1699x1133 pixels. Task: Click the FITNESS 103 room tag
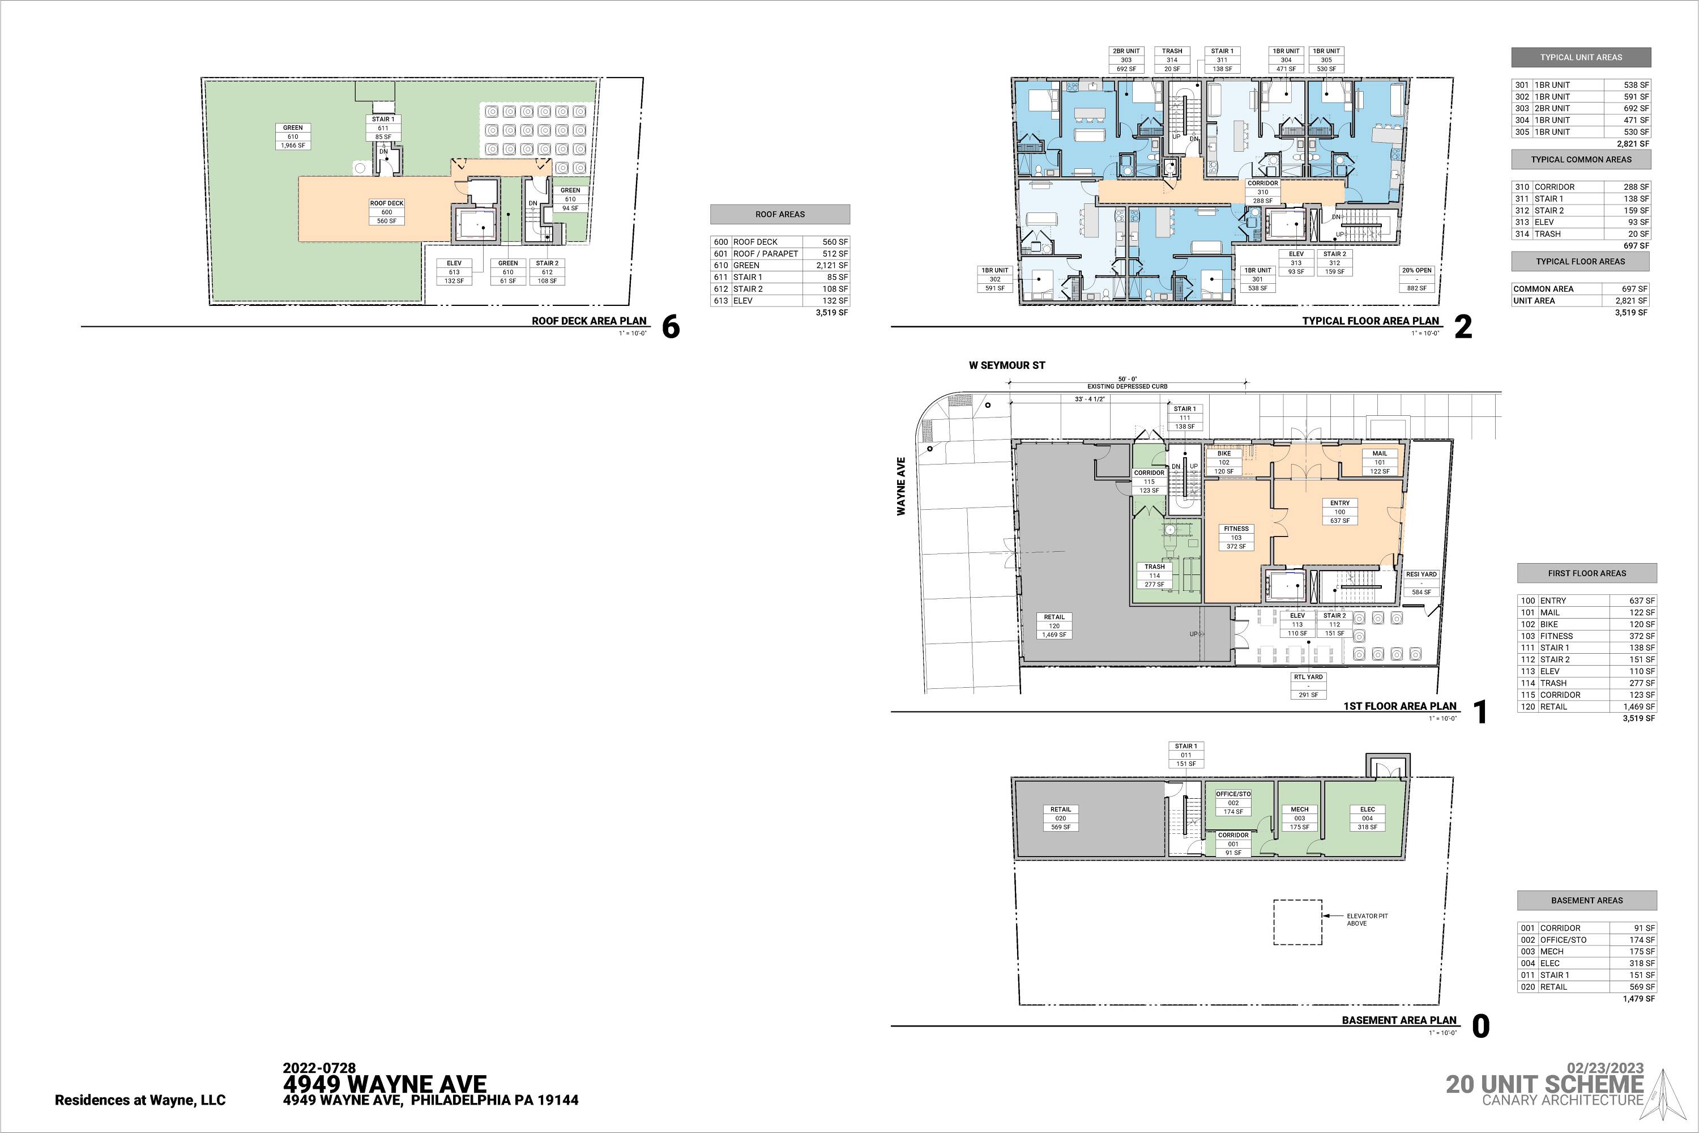coord(1236,538)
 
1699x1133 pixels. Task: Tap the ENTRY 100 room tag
coord(1339,512)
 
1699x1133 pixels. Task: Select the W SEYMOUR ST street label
coord(1007,365)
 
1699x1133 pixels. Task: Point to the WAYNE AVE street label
coord(901,486)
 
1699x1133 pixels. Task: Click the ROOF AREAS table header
coord(780,215)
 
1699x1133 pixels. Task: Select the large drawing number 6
coord(671,327)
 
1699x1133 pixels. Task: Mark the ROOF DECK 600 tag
coord(386,212)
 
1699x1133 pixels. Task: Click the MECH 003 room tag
coord(1300,819)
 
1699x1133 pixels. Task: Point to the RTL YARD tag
coord(1308,685)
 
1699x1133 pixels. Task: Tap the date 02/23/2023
coord(1605,1068)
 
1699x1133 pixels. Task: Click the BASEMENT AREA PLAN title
coord(1399,1020)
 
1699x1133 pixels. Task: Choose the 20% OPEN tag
coord(1416,279)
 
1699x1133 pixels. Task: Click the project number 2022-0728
coord(319,1068)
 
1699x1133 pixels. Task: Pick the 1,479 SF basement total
coord(1639,999)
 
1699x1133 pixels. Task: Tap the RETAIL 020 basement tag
coord(1060,819)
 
